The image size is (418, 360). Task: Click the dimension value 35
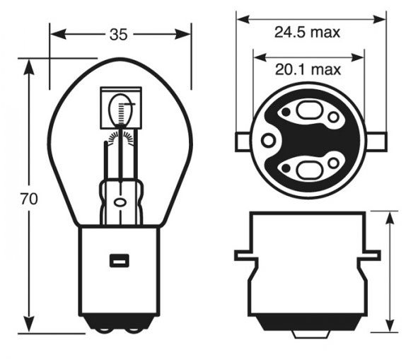click(x=118, y=35)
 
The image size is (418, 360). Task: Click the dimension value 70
click(x=29, y=199)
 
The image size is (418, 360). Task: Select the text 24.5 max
click(x=307, y=33)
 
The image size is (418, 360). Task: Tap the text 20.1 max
click(x=308, y=69)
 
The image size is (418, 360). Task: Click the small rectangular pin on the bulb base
click(x=120, y=260)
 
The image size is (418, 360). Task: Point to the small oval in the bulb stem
click(x=120, y=202)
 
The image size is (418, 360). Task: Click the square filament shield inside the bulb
click(x=121, y=108)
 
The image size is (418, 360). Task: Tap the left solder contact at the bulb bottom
click(x=103, y=330)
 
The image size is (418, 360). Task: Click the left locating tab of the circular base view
click(x=243, y=142)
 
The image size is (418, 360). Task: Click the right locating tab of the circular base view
click(x=377, y=141)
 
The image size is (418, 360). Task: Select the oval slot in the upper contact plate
click(x=308, y=110)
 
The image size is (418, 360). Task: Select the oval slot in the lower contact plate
click(x=308, y=170)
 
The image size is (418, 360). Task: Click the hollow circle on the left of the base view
click(x=267, y=140)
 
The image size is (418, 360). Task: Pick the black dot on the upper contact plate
click(x=286, y=112)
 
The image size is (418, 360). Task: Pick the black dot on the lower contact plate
click(x=286, y=168)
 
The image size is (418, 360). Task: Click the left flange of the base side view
click(x=246, y=255)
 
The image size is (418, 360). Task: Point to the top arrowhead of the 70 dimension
click(x=29, y=67)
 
